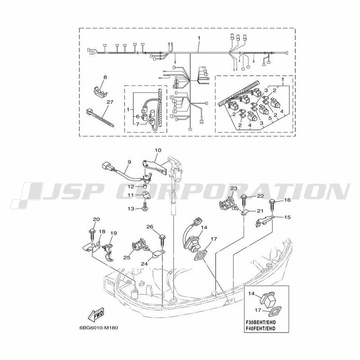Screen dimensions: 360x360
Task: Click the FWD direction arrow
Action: tap(96, 314)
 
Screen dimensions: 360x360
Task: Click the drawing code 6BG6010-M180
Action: tap(99, 328)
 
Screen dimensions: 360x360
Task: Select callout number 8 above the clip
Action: tap(105, 77)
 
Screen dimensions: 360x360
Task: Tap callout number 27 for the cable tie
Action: tap(110, 102)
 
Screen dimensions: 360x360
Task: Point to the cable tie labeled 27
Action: tap(100, 117)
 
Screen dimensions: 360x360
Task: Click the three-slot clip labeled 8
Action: tap(100, 91)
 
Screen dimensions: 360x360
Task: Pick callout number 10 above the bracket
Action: tap(158, 150)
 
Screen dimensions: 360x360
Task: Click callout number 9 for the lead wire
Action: tap(129, 162)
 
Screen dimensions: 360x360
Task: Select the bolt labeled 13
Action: tap(145, 206)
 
